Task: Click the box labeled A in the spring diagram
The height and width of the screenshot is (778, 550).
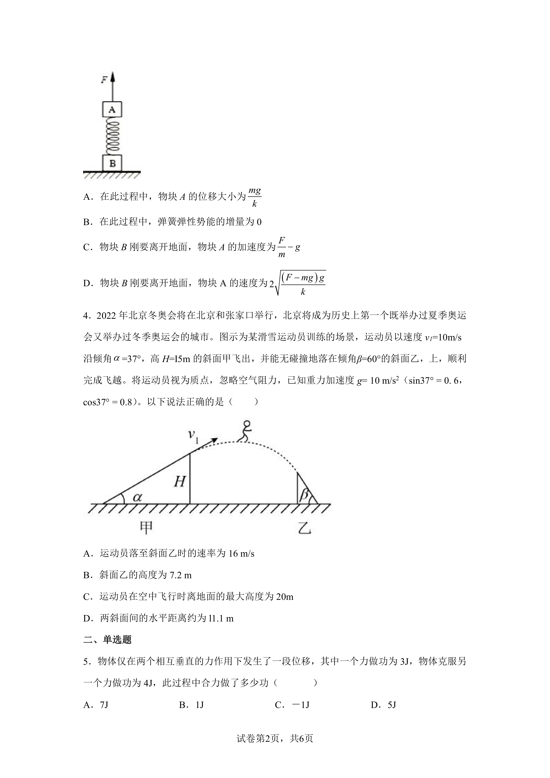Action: pos(112,109)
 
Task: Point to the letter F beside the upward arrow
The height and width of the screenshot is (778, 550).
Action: pos(104,80)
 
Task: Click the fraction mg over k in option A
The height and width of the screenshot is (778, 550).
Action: pos(255,197)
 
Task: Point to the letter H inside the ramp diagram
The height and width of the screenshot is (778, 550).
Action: pos(180,481)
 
